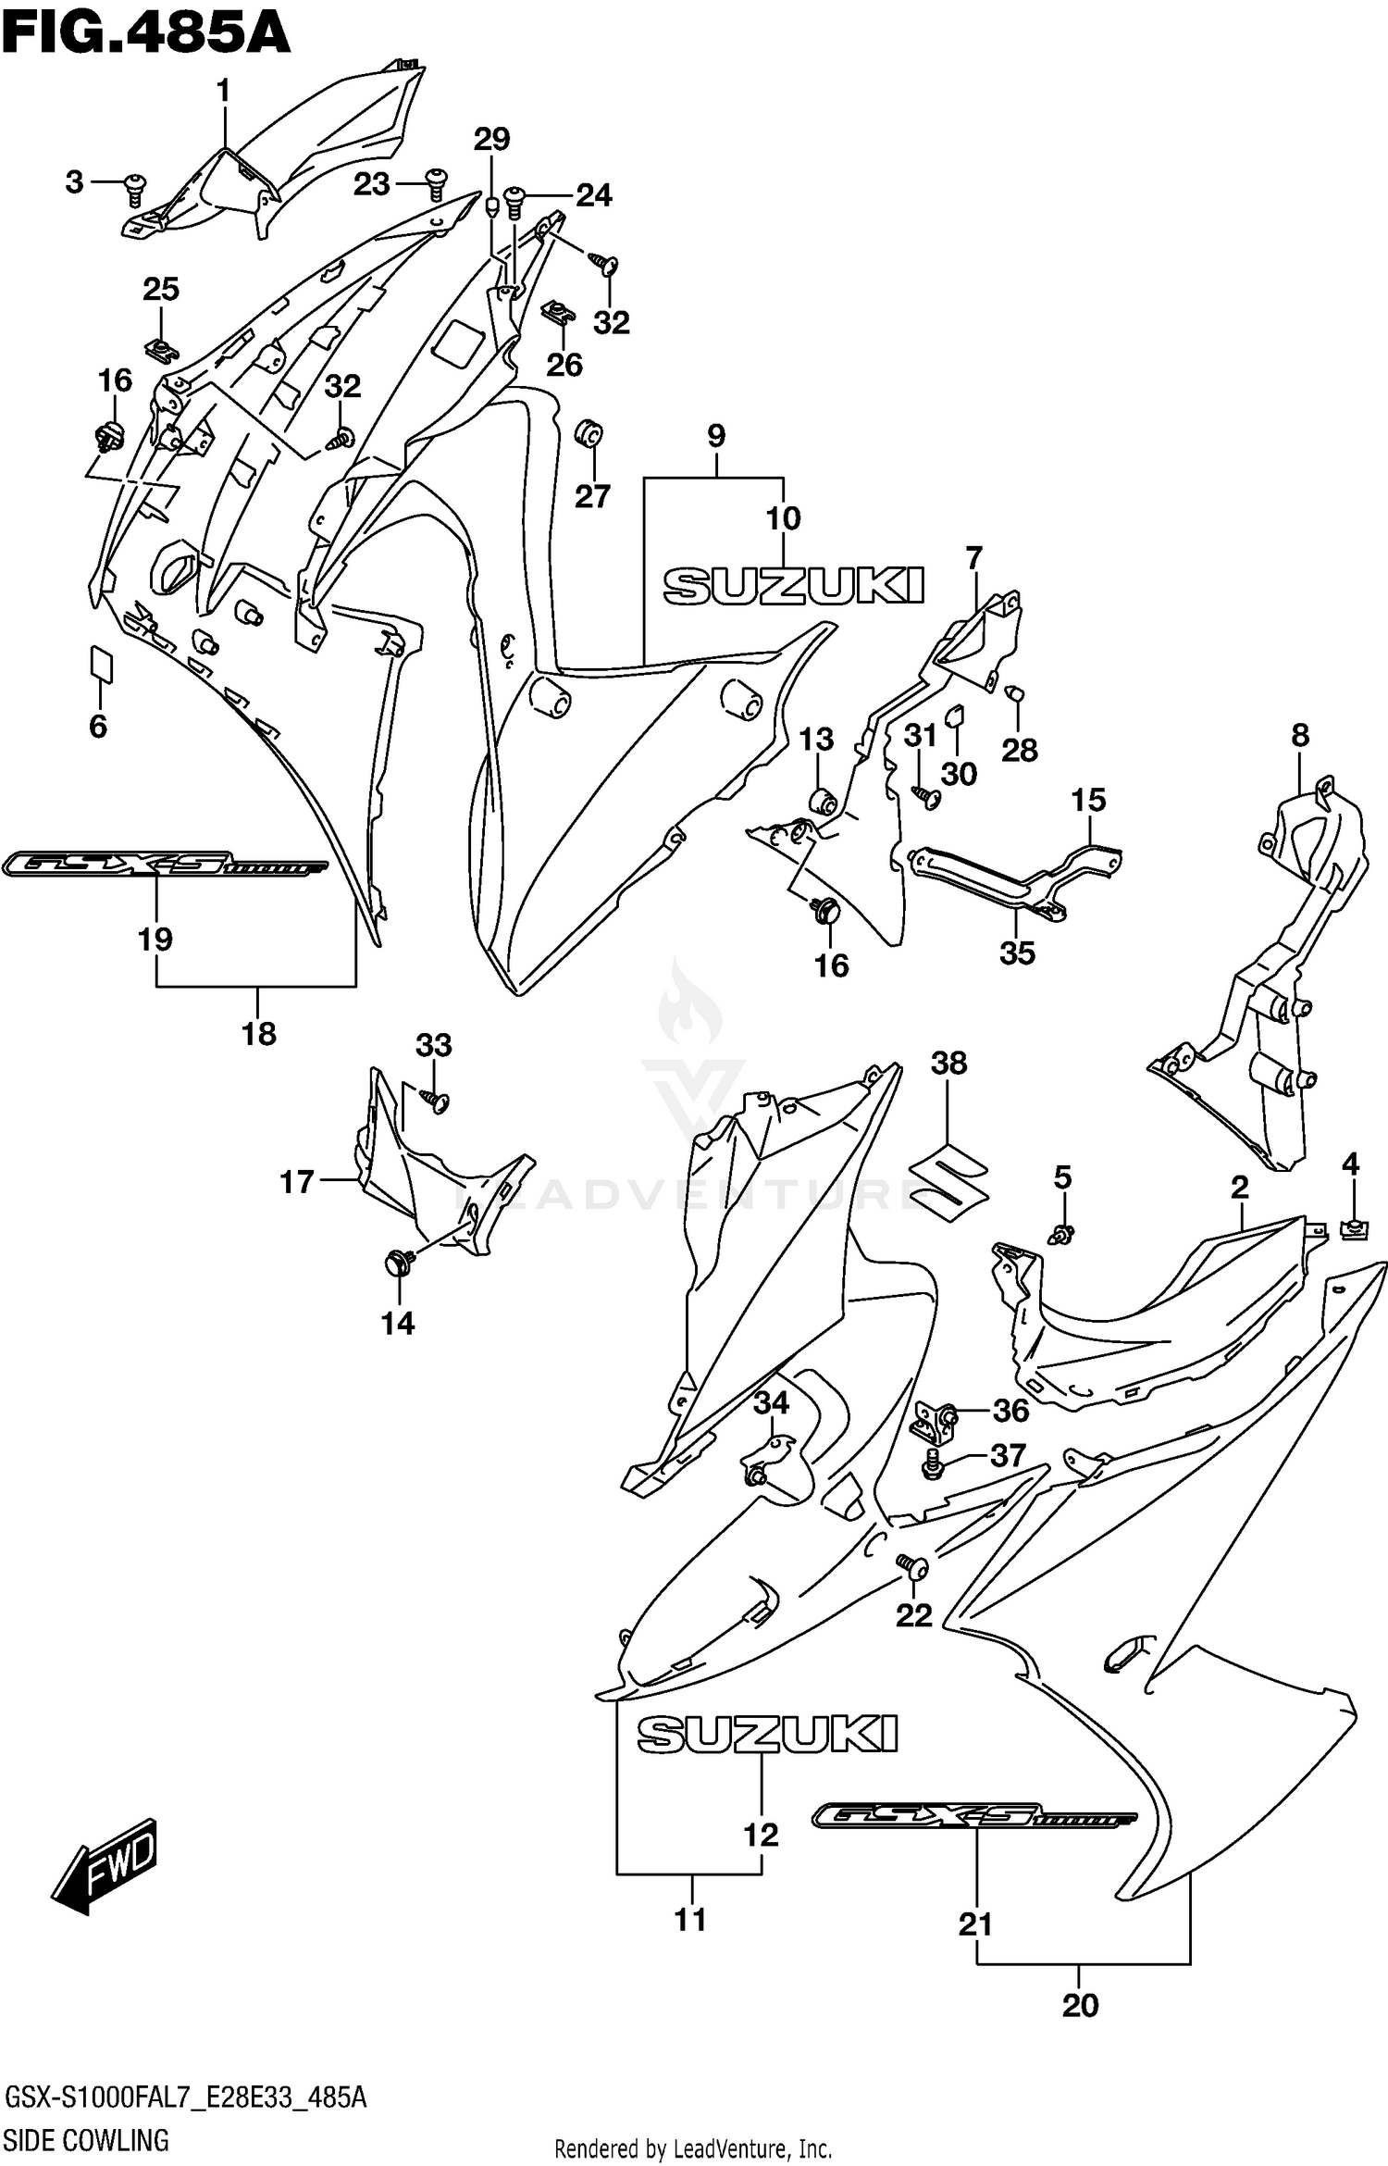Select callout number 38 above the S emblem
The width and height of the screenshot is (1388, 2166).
pos(948,1064)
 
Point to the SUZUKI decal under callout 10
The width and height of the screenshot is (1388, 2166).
pos(794,586)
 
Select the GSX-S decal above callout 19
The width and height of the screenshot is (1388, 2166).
pos(165,866)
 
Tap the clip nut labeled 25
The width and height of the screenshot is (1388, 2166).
pos(160,350)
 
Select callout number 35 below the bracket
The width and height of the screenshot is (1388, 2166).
pos(1017,953)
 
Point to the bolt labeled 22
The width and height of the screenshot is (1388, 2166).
pos(912,1564)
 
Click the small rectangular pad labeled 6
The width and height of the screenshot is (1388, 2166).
pos(101,663)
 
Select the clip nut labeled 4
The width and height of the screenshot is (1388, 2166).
pos(1352,1229)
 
